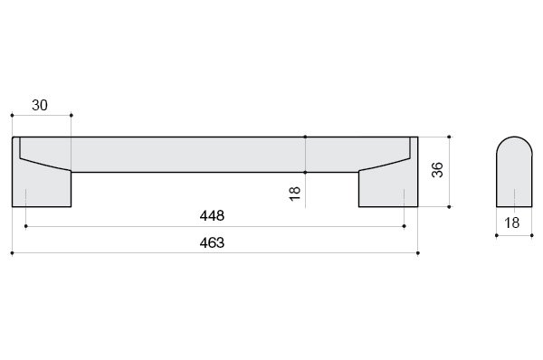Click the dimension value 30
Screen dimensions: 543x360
40,105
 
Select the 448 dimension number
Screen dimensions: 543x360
212,216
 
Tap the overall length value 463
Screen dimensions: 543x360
212,243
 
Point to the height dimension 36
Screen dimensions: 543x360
437,170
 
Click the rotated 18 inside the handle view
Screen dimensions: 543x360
295,194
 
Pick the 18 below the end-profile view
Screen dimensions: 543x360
512,223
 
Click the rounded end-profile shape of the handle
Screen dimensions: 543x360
514,172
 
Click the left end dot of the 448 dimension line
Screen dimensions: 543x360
26,226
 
